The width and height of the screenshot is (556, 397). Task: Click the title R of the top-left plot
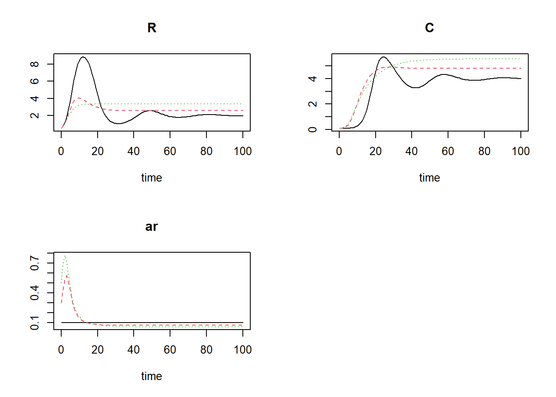[152, 28]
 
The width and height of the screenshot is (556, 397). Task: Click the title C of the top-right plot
[429, 28]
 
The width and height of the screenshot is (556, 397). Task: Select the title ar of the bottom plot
[152, 227]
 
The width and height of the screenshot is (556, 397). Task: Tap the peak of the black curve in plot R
[84, 57]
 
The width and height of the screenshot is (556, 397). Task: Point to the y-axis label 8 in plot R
[35, 64]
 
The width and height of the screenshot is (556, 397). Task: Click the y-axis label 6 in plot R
[35, 81]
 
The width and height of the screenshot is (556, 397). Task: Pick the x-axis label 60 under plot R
[170, 151]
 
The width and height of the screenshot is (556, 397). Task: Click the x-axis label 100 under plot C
[520, 151]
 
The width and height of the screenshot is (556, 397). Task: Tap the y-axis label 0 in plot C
[313, 129]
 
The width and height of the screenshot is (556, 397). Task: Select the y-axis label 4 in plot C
[313, 79]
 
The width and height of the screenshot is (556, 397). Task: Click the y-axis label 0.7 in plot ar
[35, 263]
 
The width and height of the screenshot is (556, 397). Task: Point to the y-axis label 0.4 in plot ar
[35, 293]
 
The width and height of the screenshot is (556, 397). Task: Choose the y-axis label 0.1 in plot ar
[35, 323]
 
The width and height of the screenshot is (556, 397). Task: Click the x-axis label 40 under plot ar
[134, 350]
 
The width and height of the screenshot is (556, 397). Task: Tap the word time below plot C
[429, 178]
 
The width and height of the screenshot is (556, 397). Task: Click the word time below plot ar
[152, 376]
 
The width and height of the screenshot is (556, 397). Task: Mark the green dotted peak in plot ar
[65, 256]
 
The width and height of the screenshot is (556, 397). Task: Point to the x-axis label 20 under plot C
[375, 151]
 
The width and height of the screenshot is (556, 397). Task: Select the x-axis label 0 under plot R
[61, 151]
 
